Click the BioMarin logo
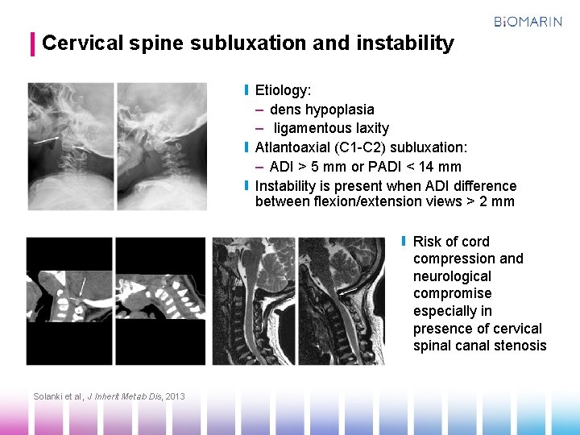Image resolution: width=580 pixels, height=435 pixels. [528, 22]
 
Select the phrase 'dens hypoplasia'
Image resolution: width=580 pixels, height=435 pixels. [321, 110]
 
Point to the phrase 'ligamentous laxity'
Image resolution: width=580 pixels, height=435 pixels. [331, 128]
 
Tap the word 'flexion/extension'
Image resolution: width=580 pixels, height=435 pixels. [378, 202]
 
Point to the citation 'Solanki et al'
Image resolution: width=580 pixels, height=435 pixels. [58, 396]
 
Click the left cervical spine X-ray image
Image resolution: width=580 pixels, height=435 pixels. [71, 146]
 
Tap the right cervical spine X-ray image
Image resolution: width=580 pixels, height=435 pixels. [161, 146]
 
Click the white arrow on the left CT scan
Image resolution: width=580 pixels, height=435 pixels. [82, 285]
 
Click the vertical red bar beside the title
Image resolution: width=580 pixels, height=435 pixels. [32, 43]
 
